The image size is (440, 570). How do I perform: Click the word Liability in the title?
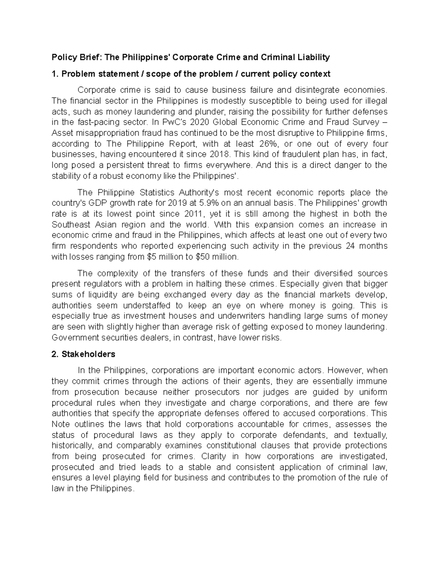313,57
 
